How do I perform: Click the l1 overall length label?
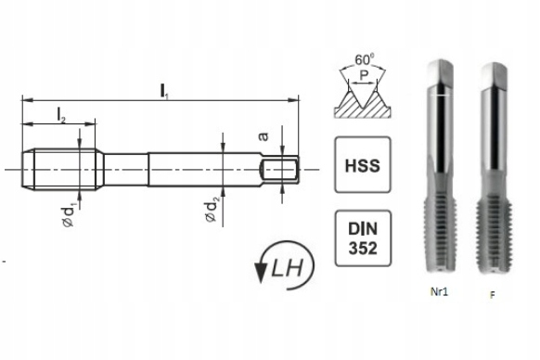[x=164, y=91]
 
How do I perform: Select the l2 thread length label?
[x=61, y=115]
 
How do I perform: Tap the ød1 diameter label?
[x=69, y=215]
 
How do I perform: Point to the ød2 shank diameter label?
[x=211, y=211]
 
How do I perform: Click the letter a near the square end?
[x=264, y=136]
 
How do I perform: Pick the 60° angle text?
[x=365, y=59]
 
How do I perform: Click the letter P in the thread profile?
[x=364, y=75]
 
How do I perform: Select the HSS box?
[x=363, y=164]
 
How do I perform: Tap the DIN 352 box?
[x=363, y=238]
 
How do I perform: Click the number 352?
[x=363, y=248]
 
